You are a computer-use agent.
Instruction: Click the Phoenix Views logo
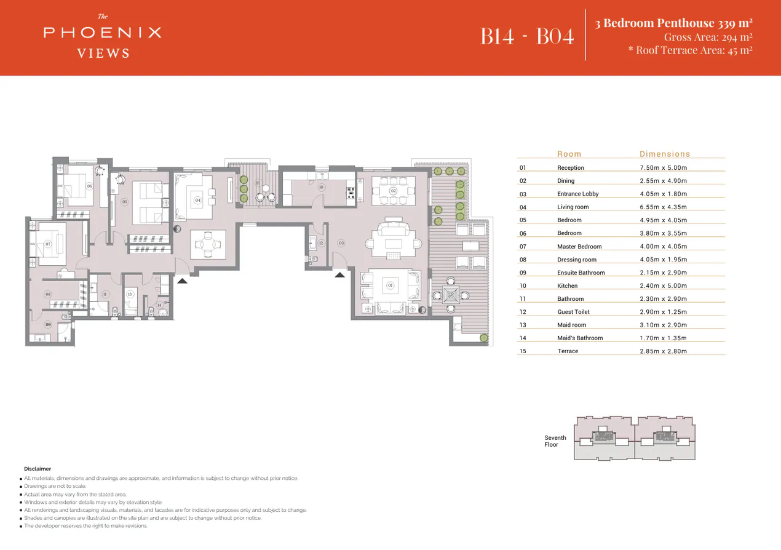[103, 36]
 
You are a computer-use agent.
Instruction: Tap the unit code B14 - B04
[527, 36]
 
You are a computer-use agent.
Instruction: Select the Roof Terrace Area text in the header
[690, 50]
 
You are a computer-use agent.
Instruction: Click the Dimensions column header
[664, 154]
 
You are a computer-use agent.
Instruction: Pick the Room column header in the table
[569, 154]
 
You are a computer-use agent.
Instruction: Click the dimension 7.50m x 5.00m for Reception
[663, 168]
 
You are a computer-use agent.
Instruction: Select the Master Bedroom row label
[579, 247]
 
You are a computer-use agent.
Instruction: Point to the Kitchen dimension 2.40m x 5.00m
[663, 286]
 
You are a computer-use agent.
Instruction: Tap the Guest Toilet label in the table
[573, 312]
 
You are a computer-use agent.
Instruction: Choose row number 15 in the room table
[523, 351]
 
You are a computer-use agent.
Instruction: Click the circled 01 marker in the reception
[390, 285]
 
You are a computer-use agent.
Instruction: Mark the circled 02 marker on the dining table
[394, 191]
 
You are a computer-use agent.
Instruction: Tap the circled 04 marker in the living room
[197, 201]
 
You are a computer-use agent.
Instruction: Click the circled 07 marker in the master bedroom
[48, 244]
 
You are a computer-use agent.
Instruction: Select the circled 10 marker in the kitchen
[320, 187]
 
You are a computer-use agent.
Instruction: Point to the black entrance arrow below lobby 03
[340, 274]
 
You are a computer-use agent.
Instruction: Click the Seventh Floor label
[555, 441]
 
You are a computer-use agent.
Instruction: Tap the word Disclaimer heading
[38, 469]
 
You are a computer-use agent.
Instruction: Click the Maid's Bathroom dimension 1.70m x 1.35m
[663, 338]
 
